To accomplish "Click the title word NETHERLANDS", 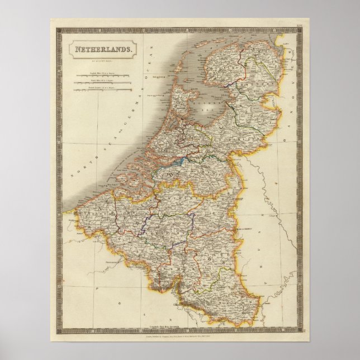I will (102, 49).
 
